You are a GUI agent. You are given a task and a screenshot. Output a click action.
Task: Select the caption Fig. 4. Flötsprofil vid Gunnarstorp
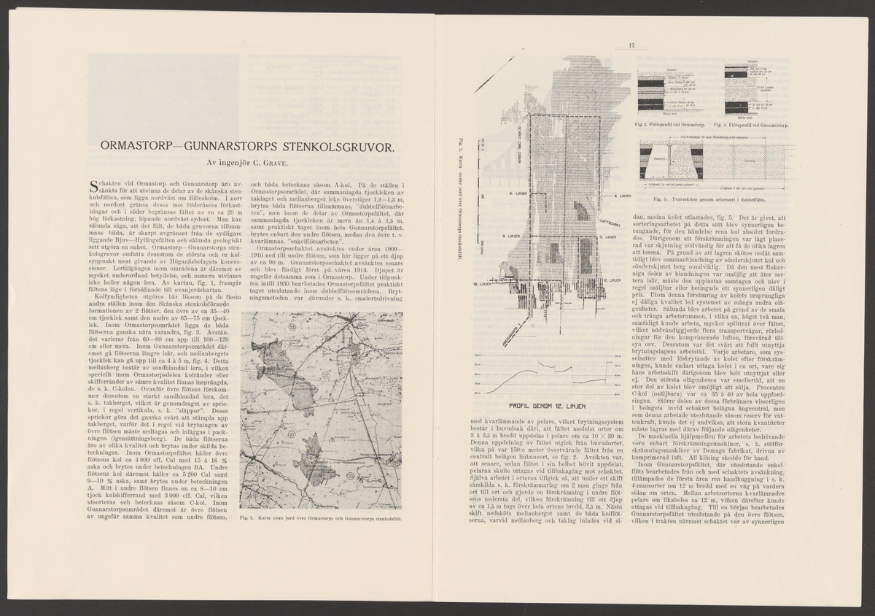point(755,126)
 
